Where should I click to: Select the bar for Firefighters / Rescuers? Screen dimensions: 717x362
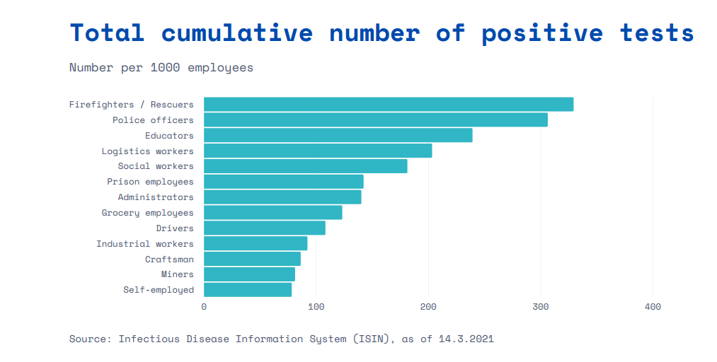(389, 105)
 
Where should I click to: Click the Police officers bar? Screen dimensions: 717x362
(376, 120)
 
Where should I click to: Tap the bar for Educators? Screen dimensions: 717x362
(338, 136)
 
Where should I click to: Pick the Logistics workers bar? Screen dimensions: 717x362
(318, 151)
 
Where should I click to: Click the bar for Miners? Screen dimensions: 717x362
(249, 274)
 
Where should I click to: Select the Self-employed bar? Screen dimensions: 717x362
(248, 290)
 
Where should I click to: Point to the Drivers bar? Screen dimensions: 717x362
(265, 228)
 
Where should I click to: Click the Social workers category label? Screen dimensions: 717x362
(156, 166)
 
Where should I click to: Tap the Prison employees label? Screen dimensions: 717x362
(150, 182)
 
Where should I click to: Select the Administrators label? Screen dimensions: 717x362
(156, 197)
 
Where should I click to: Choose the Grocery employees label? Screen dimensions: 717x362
(147, 213)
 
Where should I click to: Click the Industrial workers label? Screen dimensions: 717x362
(144, 244)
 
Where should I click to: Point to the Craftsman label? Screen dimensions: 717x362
(169, 259)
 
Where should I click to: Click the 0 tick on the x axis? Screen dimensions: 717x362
(204, 307)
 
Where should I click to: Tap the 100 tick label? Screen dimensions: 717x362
(316, 307)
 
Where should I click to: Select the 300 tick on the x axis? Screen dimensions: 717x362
(541, 307)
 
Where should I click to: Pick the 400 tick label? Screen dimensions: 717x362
(653, 307)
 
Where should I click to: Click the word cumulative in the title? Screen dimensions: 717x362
(237, 33)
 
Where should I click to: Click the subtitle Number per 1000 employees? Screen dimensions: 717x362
(161, 68)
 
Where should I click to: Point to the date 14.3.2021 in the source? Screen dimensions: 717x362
(466, 339)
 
